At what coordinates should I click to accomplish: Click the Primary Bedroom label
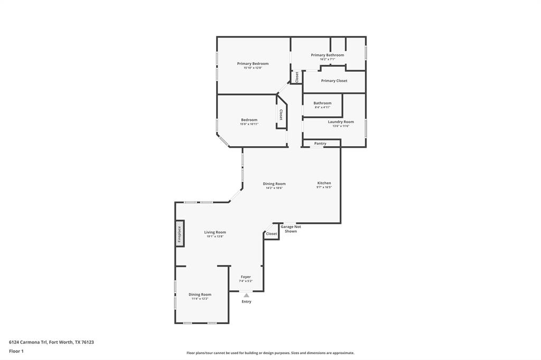coord(253,64)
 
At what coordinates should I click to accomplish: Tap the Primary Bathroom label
coord(327,55)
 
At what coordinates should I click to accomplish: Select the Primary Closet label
coord(334,81)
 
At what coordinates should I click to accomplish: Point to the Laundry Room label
coord(341,122)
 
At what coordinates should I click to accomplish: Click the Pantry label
coord(320,144)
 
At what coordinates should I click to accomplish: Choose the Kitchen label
coord(324,183)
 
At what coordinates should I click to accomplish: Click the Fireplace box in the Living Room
coord(180,234)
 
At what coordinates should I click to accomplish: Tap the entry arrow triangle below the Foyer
coord(246,296)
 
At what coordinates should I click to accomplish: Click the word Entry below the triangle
coord(246,301)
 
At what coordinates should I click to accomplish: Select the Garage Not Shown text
coord(291,229)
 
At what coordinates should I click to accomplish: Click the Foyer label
coord(246,277)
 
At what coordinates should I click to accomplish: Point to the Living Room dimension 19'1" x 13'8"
coord(215,236)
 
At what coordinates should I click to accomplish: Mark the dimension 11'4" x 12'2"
coord(200,299)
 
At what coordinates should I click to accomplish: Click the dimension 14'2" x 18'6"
coord(274,188)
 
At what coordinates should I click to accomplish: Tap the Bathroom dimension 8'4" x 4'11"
coord(322,107)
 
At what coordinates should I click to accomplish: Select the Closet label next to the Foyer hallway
coord(271,234)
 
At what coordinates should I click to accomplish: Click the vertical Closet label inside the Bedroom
coord(281,115)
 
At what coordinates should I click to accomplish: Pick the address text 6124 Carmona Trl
coord(28,342)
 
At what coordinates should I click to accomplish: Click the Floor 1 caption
coord(16,351)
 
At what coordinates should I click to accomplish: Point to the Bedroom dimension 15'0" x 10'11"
coord(249,124)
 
